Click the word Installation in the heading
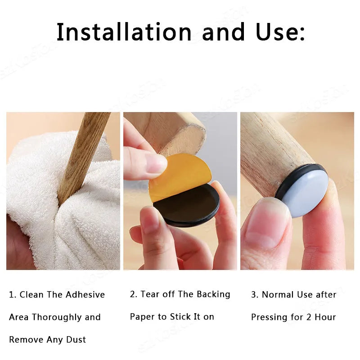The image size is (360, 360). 124,32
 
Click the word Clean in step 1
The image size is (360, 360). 31,295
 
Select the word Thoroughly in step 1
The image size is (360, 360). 58,317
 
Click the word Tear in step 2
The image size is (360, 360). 150,294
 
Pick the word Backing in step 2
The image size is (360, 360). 213,294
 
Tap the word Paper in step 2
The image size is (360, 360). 142,317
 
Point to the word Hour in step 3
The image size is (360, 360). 325,317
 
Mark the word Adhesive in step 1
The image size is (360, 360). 85,295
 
